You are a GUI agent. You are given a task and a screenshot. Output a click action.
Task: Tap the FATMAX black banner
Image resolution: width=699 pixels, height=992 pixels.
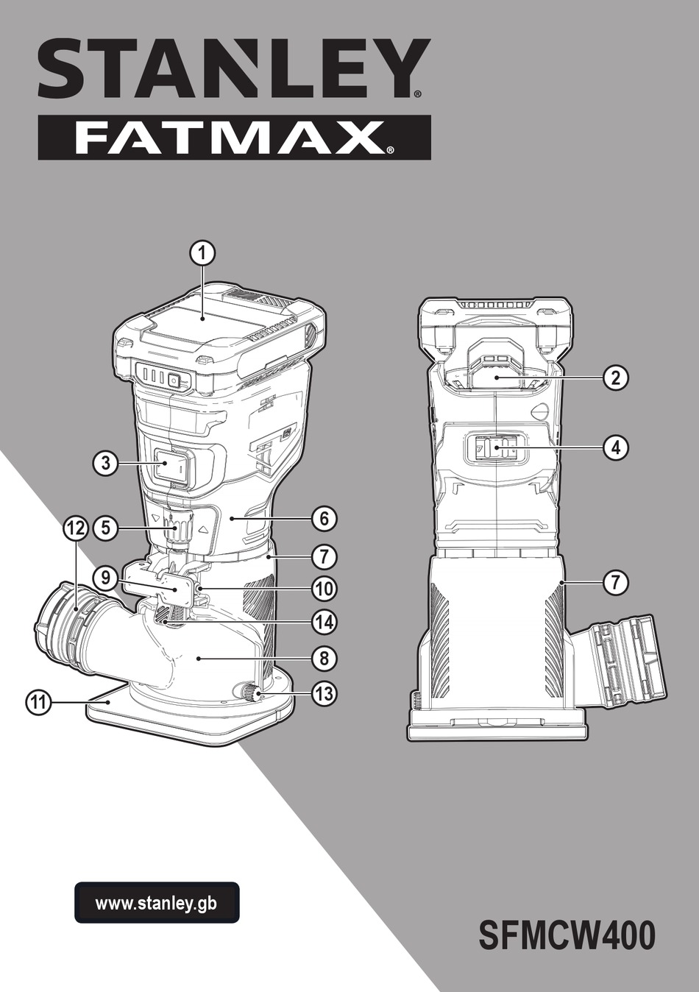coord(234,138)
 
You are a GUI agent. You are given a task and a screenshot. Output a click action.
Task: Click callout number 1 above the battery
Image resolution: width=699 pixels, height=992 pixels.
coord(203,254)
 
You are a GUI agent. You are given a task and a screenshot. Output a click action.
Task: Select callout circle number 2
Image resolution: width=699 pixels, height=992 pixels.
coord(616,378)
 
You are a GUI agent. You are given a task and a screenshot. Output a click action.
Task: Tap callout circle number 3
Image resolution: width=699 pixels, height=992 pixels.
coord(105,463)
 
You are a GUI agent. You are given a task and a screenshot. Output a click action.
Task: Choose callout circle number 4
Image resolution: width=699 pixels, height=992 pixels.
coord(616,447)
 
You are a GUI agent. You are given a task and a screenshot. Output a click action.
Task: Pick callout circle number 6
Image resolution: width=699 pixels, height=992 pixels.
coord(324,518)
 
